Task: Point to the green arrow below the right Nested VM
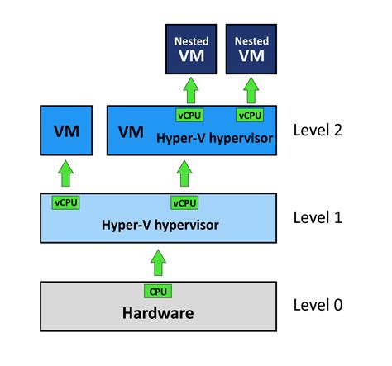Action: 251,89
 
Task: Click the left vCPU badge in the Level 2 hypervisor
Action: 189,115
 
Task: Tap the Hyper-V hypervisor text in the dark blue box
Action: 213,138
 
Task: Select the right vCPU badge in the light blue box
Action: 184,202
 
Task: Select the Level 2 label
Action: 318,130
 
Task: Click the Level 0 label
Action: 318,304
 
